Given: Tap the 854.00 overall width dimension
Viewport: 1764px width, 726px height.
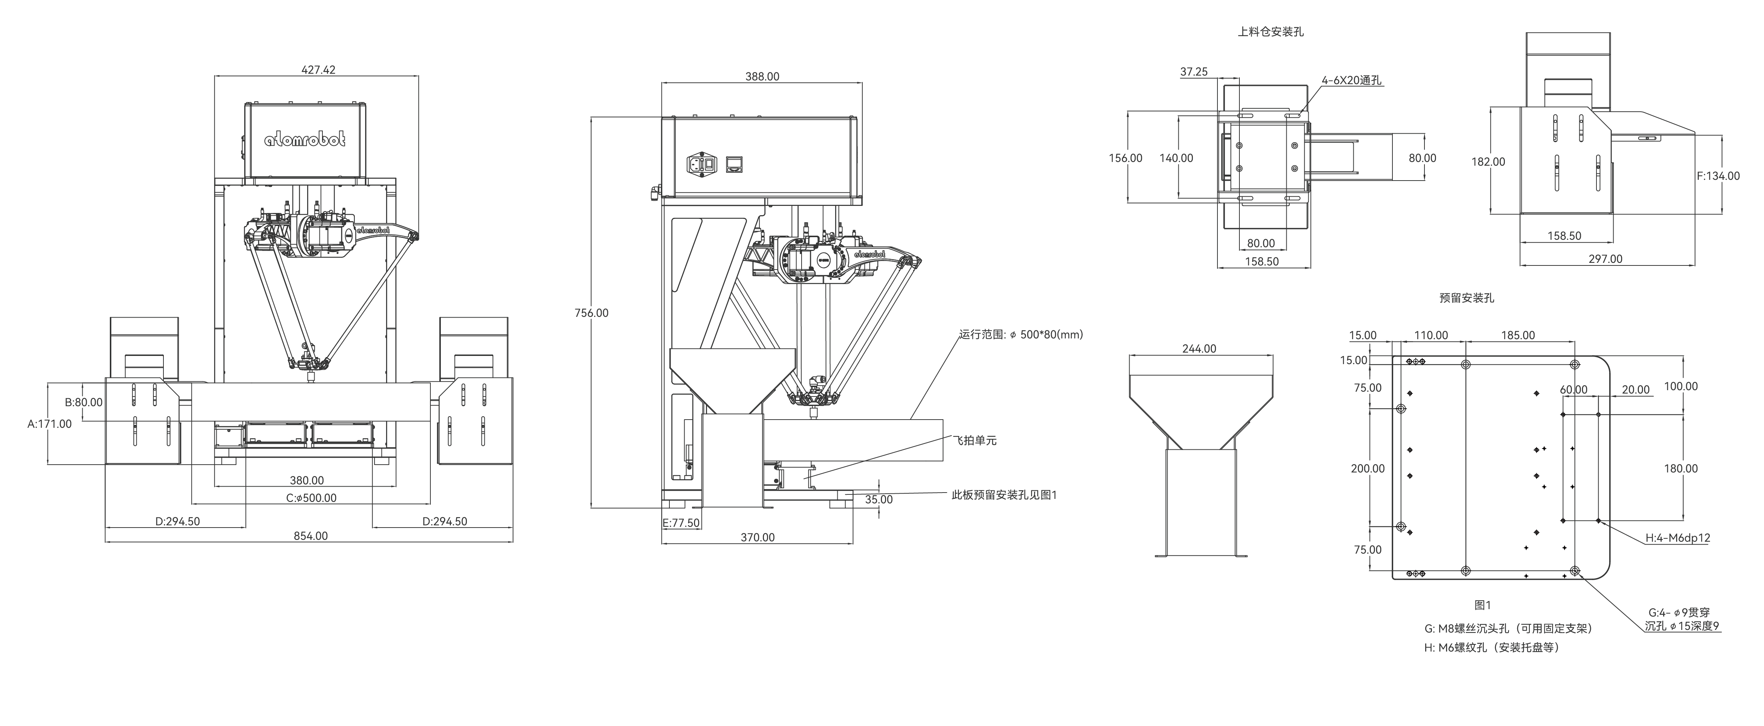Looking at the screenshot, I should pos(310,536).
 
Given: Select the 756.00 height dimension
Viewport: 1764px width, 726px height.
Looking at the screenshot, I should pos(591,313).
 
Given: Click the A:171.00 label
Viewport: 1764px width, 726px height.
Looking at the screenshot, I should pos(49,424).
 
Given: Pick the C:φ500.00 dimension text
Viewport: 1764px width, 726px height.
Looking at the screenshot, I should pos(311,498).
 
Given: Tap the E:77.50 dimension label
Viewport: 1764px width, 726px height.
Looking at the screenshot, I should pos(681,523).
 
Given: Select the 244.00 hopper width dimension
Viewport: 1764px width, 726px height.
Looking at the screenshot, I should pos(1199,348).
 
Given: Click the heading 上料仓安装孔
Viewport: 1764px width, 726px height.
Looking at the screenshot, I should pos(1270,32).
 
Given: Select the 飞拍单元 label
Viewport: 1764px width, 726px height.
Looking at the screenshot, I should pos(975,440).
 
